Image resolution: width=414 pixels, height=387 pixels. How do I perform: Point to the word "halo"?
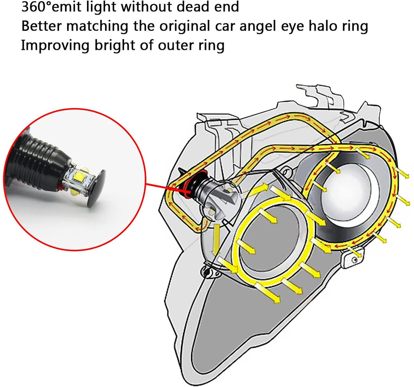point(322,26)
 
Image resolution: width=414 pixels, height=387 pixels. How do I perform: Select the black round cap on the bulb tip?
point(95,187)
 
